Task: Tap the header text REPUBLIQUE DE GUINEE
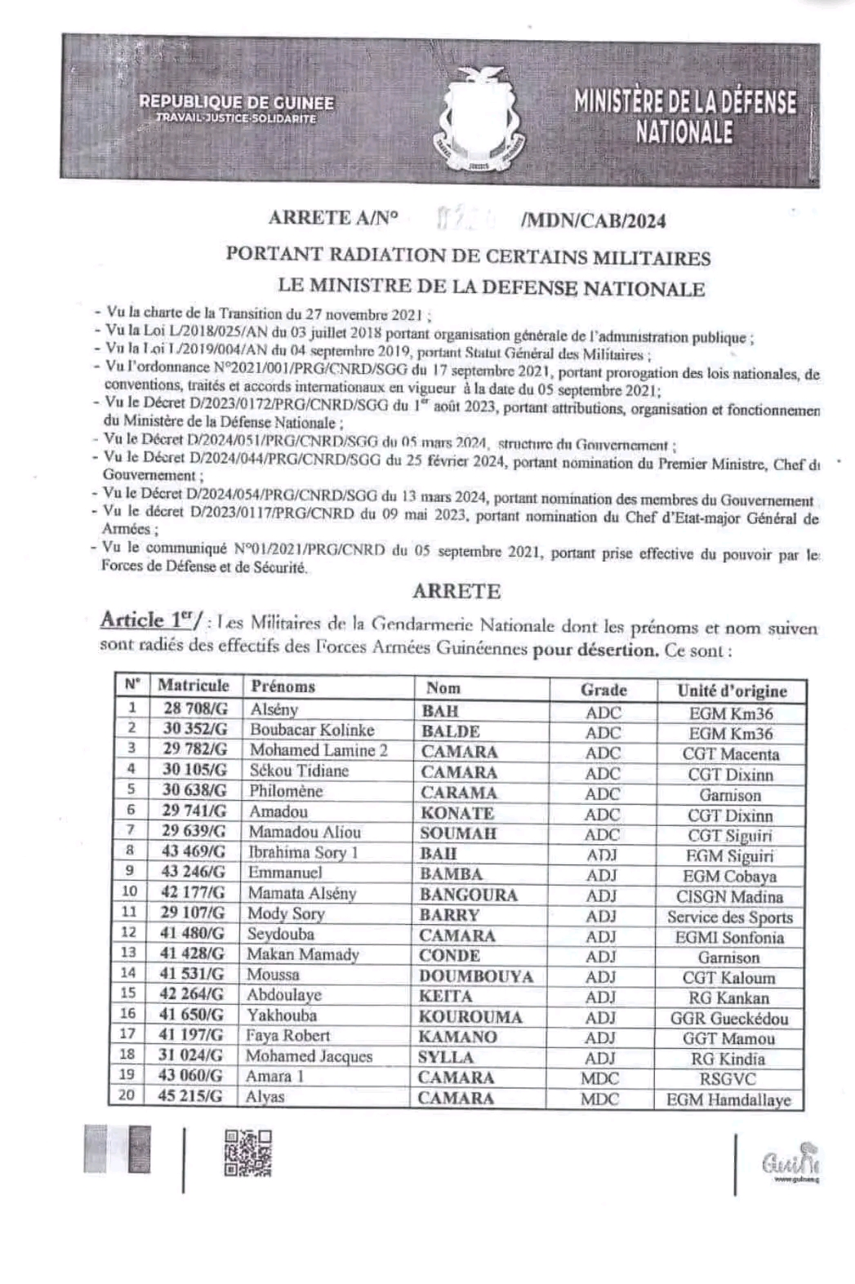click(236, 103)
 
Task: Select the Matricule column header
click(193, 686)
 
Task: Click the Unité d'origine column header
click(732, 691)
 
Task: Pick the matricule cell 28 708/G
click(194, 709)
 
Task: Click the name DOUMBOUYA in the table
click(475, 976)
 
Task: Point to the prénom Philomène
click(286, 791)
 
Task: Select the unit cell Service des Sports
click(729, 917)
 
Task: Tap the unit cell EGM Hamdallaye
click(728, 1100)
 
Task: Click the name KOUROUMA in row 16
click(470, 1017)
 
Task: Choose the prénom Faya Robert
click(287, 1036)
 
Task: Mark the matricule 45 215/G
click(189, 1096)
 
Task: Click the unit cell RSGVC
click(728, 1079)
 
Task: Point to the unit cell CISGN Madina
click(729, 896)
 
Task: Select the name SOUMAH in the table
click(457, 833)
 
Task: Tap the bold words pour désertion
click(595, 651)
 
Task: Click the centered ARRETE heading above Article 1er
click(456, 591)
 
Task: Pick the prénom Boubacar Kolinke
click(311, 730)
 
